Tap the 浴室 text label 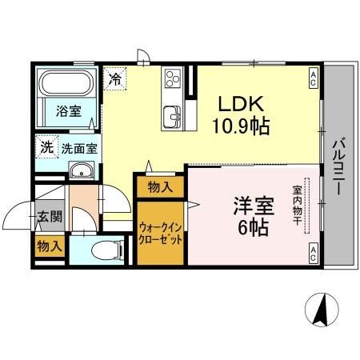68,113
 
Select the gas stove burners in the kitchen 173,78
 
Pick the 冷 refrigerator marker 116,79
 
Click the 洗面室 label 81,148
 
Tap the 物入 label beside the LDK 160,187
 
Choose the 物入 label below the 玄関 49,247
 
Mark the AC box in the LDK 313,77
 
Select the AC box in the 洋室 313,254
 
